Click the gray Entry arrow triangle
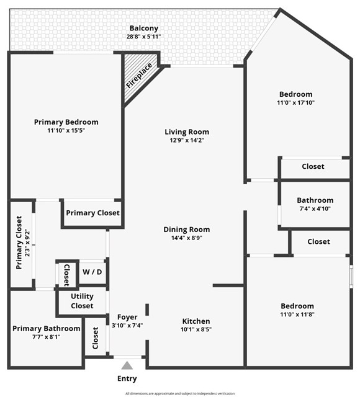127,366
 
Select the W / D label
92,272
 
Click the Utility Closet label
82,301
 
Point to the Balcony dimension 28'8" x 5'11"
143,37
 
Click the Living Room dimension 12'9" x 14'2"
187,140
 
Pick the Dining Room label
187,230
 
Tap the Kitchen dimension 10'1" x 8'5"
196,329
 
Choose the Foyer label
127,317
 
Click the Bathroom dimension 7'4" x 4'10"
315,208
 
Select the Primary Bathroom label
47,329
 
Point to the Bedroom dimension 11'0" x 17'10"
296,102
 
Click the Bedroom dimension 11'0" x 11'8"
297,314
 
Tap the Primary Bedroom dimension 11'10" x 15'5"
66,131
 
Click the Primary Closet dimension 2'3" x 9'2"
27,243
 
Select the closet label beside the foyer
95,338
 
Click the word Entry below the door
127,378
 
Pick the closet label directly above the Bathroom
313,166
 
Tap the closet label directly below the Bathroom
318,241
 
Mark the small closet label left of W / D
66,275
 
